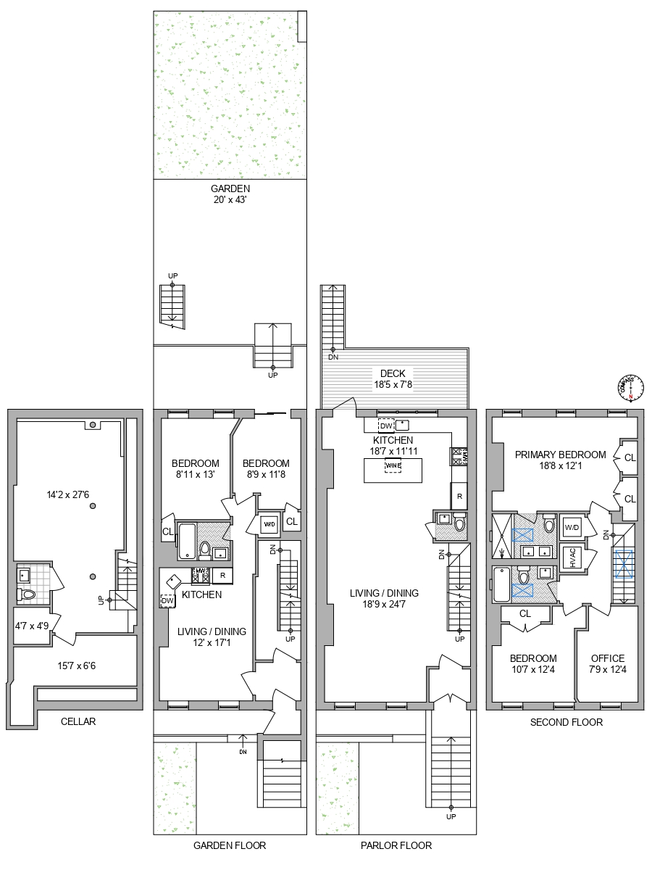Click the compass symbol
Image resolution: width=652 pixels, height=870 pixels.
(630, 388)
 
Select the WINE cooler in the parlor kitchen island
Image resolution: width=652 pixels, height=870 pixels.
(393, 465)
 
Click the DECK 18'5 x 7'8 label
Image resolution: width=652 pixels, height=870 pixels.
(393, 379)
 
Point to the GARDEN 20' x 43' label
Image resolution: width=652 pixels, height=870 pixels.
(230, 194)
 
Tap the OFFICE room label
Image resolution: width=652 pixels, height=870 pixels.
(607, 663)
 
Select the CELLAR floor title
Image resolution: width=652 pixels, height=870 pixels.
(78, 721)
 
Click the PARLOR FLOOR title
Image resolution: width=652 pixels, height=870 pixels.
(396, 845)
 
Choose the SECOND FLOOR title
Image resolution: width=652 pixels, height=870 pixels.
(567, 722)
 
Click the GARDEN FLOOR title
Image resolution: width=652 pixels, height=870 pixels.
(230, 845)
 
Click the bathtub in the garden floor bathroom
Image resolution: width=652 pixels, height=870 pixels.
(186, 541)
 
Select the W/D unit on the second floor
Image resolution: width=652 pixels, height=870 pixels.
(572, 527)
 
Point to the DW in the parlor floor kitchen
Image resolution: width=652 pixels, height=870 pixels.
(385, 426)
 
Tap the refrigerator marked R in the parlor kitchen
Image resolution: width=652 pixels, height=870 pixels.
(459, 496)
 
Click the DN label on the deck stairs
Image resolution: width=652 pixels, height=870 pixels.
(333, 357)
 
